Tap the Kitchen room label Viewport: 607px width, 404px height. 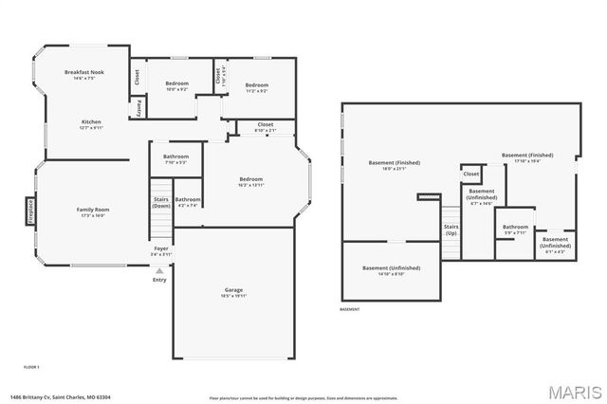[91, 123]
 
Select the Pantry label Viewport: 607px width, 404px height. [138, 108]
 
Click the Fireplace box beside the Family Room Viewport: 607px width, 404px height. [30, 210]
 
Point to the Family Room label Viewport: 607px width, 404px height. [93, 211]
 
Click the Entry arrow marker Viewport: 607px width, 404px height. [159, 270]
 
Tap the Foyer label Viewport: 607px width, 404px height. [162, 251]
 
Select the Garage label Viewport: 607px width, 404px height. [233, 292]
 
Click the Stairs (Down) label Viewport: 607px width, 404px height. [161, 202]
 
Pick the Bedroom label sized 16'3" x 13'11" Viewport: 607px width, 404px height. [250, 182]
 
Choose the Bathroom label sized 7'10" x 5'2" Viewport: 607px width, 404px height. [175, 158]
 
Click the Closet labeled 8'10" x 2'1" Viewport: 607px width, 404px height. [265, 126]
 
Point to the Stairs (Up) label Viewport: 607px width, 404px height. [451, 230]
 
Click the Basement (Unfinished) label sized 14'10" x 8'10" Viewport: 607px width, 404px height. [391, 270]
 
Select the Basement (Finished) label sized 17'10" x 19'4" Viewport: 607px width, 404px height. [527, 157]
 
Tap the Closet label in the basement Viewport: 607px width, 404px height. [471, 174]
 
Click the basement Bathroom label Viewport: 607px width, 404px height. [515, 229]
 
